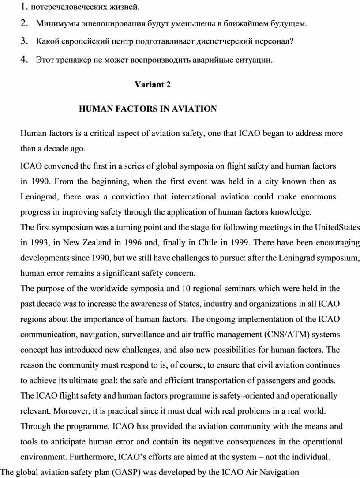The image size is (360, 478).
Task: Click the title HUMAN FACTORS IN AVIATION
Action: pyautogui.click(x=147, y=109)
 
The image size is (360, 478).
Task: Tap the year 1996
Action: pyautogui.click(x=133, y=243)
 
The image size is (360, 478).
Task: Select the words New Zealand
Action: pyautogui.click(x=90, y=243)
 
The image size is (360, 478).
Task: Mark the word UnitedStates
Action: pyautogui.click(x=337, y=227)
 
